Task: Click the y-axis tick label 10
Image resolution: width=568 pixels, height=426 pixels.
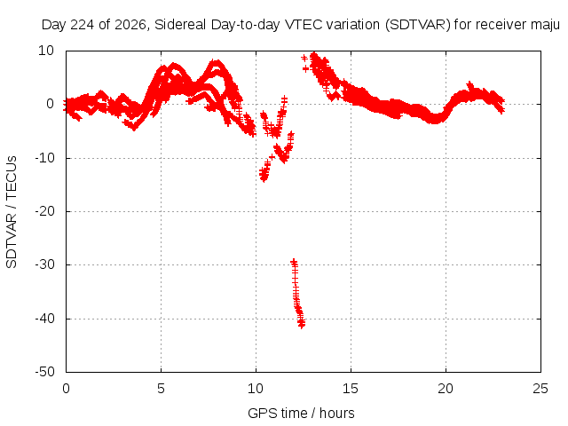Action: [x=46, y=51]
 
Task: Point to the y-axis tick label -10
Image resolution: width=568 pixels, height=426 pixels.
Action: [x=44, y=158]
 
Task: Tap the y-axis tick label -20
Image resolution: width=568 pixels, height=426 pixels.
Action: [x=44, y=211]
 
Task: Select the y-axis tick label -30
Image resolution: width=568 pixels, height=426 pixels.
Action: [x=44, y=264]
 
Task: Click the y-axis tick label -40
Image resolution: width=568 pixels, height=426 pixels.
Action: [x=44, y=319]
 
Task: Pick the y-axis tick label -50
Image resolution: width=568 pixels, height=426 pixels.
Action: [x=44, y=372]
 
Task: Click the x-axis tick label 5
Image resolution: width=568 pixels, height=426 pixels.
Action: [x=161, y=389]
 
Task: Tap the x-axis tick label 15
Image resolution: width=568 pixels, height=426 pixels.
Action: [x=351, y=389]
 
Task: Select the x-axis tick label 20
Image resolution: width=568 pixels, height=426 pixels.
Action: [x=446, y=389]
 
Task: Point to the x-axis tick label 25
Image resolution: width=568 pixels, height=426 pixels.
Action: [x=540, y=389]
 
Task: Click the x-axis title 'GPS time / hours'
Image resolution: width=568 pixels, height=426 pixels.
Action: [x=301, y=414]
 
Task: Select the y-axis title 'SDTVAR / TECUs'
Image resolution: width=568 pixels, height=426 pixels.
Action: [x=12, y=212]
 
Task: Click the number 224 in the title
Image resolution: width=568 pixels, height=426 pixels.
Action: [x=83, y=25]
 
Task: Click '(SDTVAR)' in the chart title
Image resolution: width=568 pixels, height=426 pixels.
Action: [x=418, y=25]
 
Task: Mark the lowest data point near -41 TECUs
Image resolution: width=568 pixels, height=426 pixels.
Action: [x=302, y=325]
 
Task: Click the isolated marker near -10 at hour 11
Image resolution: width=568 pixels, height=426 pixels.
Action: [x=272, y=156]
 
